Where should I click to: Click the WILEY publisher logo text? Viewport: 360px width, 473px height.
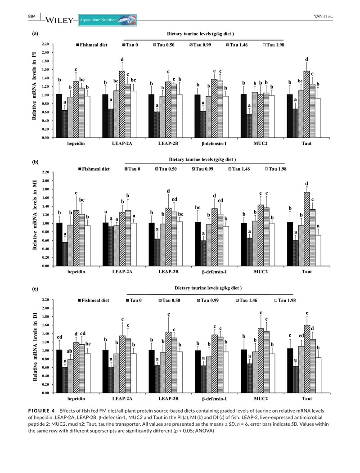[59, 20]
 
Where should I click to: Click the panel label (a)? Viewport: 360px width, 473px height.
[35, 34]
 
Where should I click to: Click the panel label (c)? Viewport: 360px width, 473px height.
[35, 289]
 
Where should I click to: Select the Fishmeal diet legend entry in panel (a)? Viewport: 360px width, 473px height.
[94, 45]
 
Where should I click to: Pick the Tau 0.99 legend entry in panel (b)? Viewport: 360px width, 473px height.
[198, 169]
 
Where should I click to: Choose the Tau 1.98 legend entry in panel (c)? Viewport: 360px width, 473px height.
[276, 300]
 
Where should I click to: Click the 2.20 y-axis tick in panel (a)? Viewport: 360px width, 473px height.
[45, 44]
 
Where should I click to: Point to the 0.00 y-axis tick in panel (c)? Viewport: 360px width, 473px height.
[45, 393]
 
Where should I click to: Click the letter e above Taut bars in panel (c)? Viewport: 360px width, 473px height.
[307, 313]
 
